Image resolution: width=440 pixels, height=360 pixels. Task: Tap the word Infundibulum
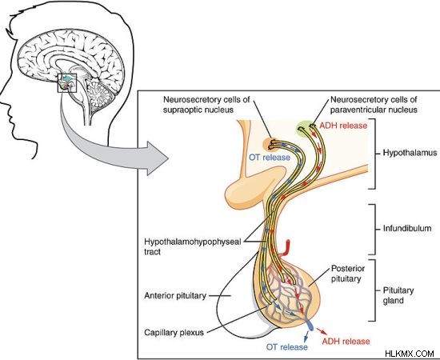point(407,228)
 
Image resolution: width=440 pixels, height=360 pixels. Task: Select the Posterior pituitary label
point(348,274)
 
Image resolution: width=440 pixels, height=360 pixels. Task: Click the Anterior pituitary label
point(175,296)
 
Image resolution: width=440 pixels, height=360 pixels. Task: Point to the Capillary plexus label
point(174,333)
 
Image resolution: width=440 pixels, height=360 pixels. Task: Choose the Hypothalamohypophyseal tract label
point(193,246)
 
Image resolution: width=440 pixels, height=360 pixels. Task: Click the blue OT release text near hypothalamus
point(270,158)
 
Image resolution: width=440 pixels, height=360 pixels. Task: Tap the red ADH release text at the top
point(343,126)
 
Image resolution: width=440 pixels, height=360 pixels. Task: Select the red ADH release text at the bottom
point(346,342)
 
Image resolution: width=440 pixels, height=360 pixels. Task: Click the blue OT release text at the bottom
point(286,347)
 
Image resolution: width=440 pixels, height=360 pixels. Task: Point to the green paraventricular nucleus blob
point(306,129)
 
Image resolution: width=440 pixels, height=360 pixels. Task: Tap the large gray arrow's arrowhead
point(157,158)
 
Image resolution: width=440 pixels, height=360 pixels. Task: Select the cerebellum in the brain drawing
point(100,92)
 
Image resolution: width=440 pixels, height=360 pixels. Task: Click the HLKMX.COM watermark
point(410,354)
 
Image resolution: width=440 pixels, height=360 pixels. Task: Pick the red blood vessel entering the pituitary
point(286,248)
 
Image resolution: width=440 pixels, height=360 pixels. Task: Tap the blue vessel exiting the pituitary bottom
point(309,325)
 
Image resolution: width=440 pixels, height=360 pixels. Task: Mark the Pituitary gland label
point(398,295)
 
